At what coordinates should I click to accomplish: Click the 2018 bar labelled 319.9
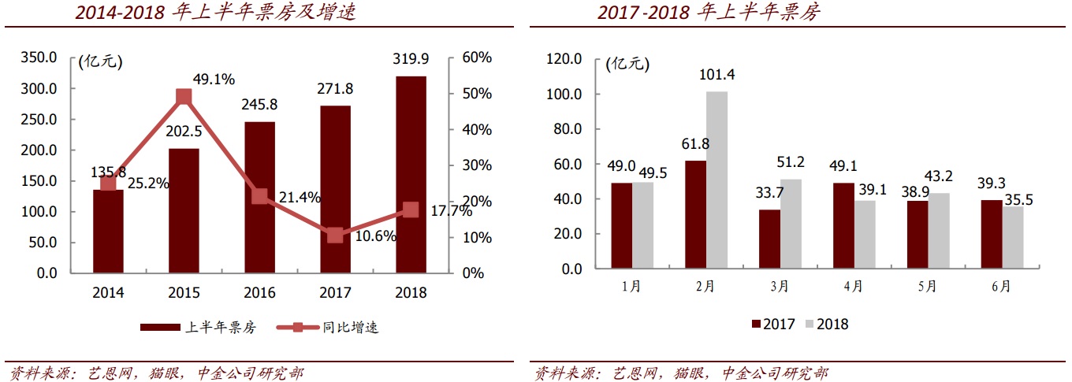pos(411,174)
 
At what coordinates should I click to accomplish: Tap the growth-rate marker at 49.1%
pos(184,97)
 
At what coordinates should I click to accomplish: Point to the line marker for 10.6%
pos(335,236)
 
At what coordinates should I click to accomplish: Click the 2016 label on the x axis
pos(259,293)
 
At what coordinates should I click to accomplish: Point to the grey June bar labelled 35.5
pos(1013,237)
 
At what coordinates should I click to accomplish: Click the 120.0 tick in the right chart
pos(562,59)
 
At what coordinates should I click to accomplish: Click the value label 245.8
pos(259,105)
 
